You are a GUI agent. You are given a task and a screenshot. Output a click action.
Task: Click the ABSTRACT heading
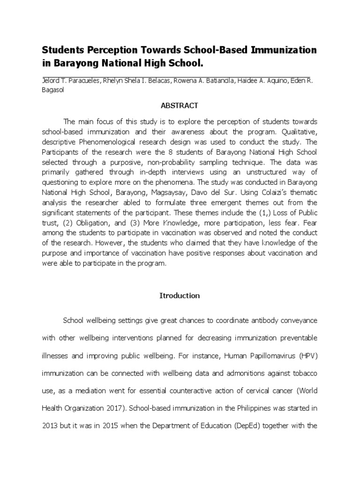coord(180,105)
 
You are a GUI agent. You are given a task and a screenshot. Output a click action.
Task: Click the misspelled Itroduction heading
coord(180,296)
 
